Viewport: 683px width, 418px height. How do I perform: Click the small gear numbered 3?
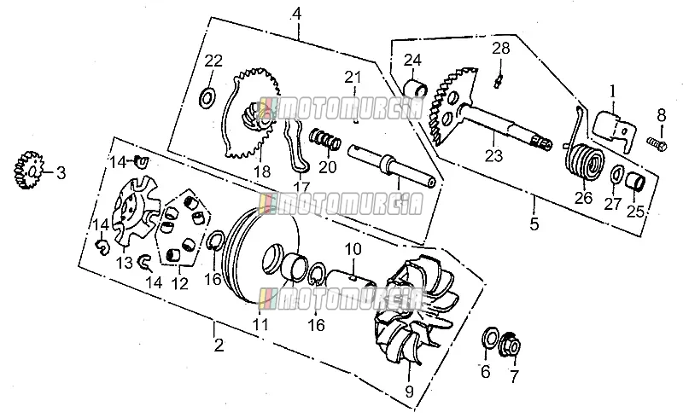click(26, 171)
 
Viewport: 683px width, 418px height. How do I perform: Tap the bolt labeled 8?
click(657, 143)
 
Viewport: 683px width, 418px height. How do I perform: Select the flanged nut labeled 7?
click(511, 345)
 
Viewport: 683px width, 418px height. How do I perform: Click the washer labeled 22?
click(207, 99)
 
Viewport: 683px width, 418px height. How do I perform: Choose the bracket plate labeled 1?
click(614, 131)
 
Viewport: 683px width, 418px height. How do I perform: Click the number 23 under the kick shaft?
click(494, 155)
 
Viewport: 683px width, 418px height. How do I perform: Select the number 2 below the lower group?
click(219, 345)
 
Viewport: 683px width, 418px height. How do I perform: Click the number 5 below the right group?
click(534, 224)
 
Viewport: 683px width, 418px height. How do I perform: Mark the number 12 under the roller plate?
click(179, 283)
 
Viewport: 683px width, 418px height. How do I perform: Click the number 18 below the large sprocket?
click(262, 171)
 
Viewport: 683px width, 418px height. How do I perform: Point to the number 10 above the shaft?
click(353, 249)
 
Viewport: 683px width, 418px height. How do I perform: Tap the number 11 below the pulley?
click(261, 324)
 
